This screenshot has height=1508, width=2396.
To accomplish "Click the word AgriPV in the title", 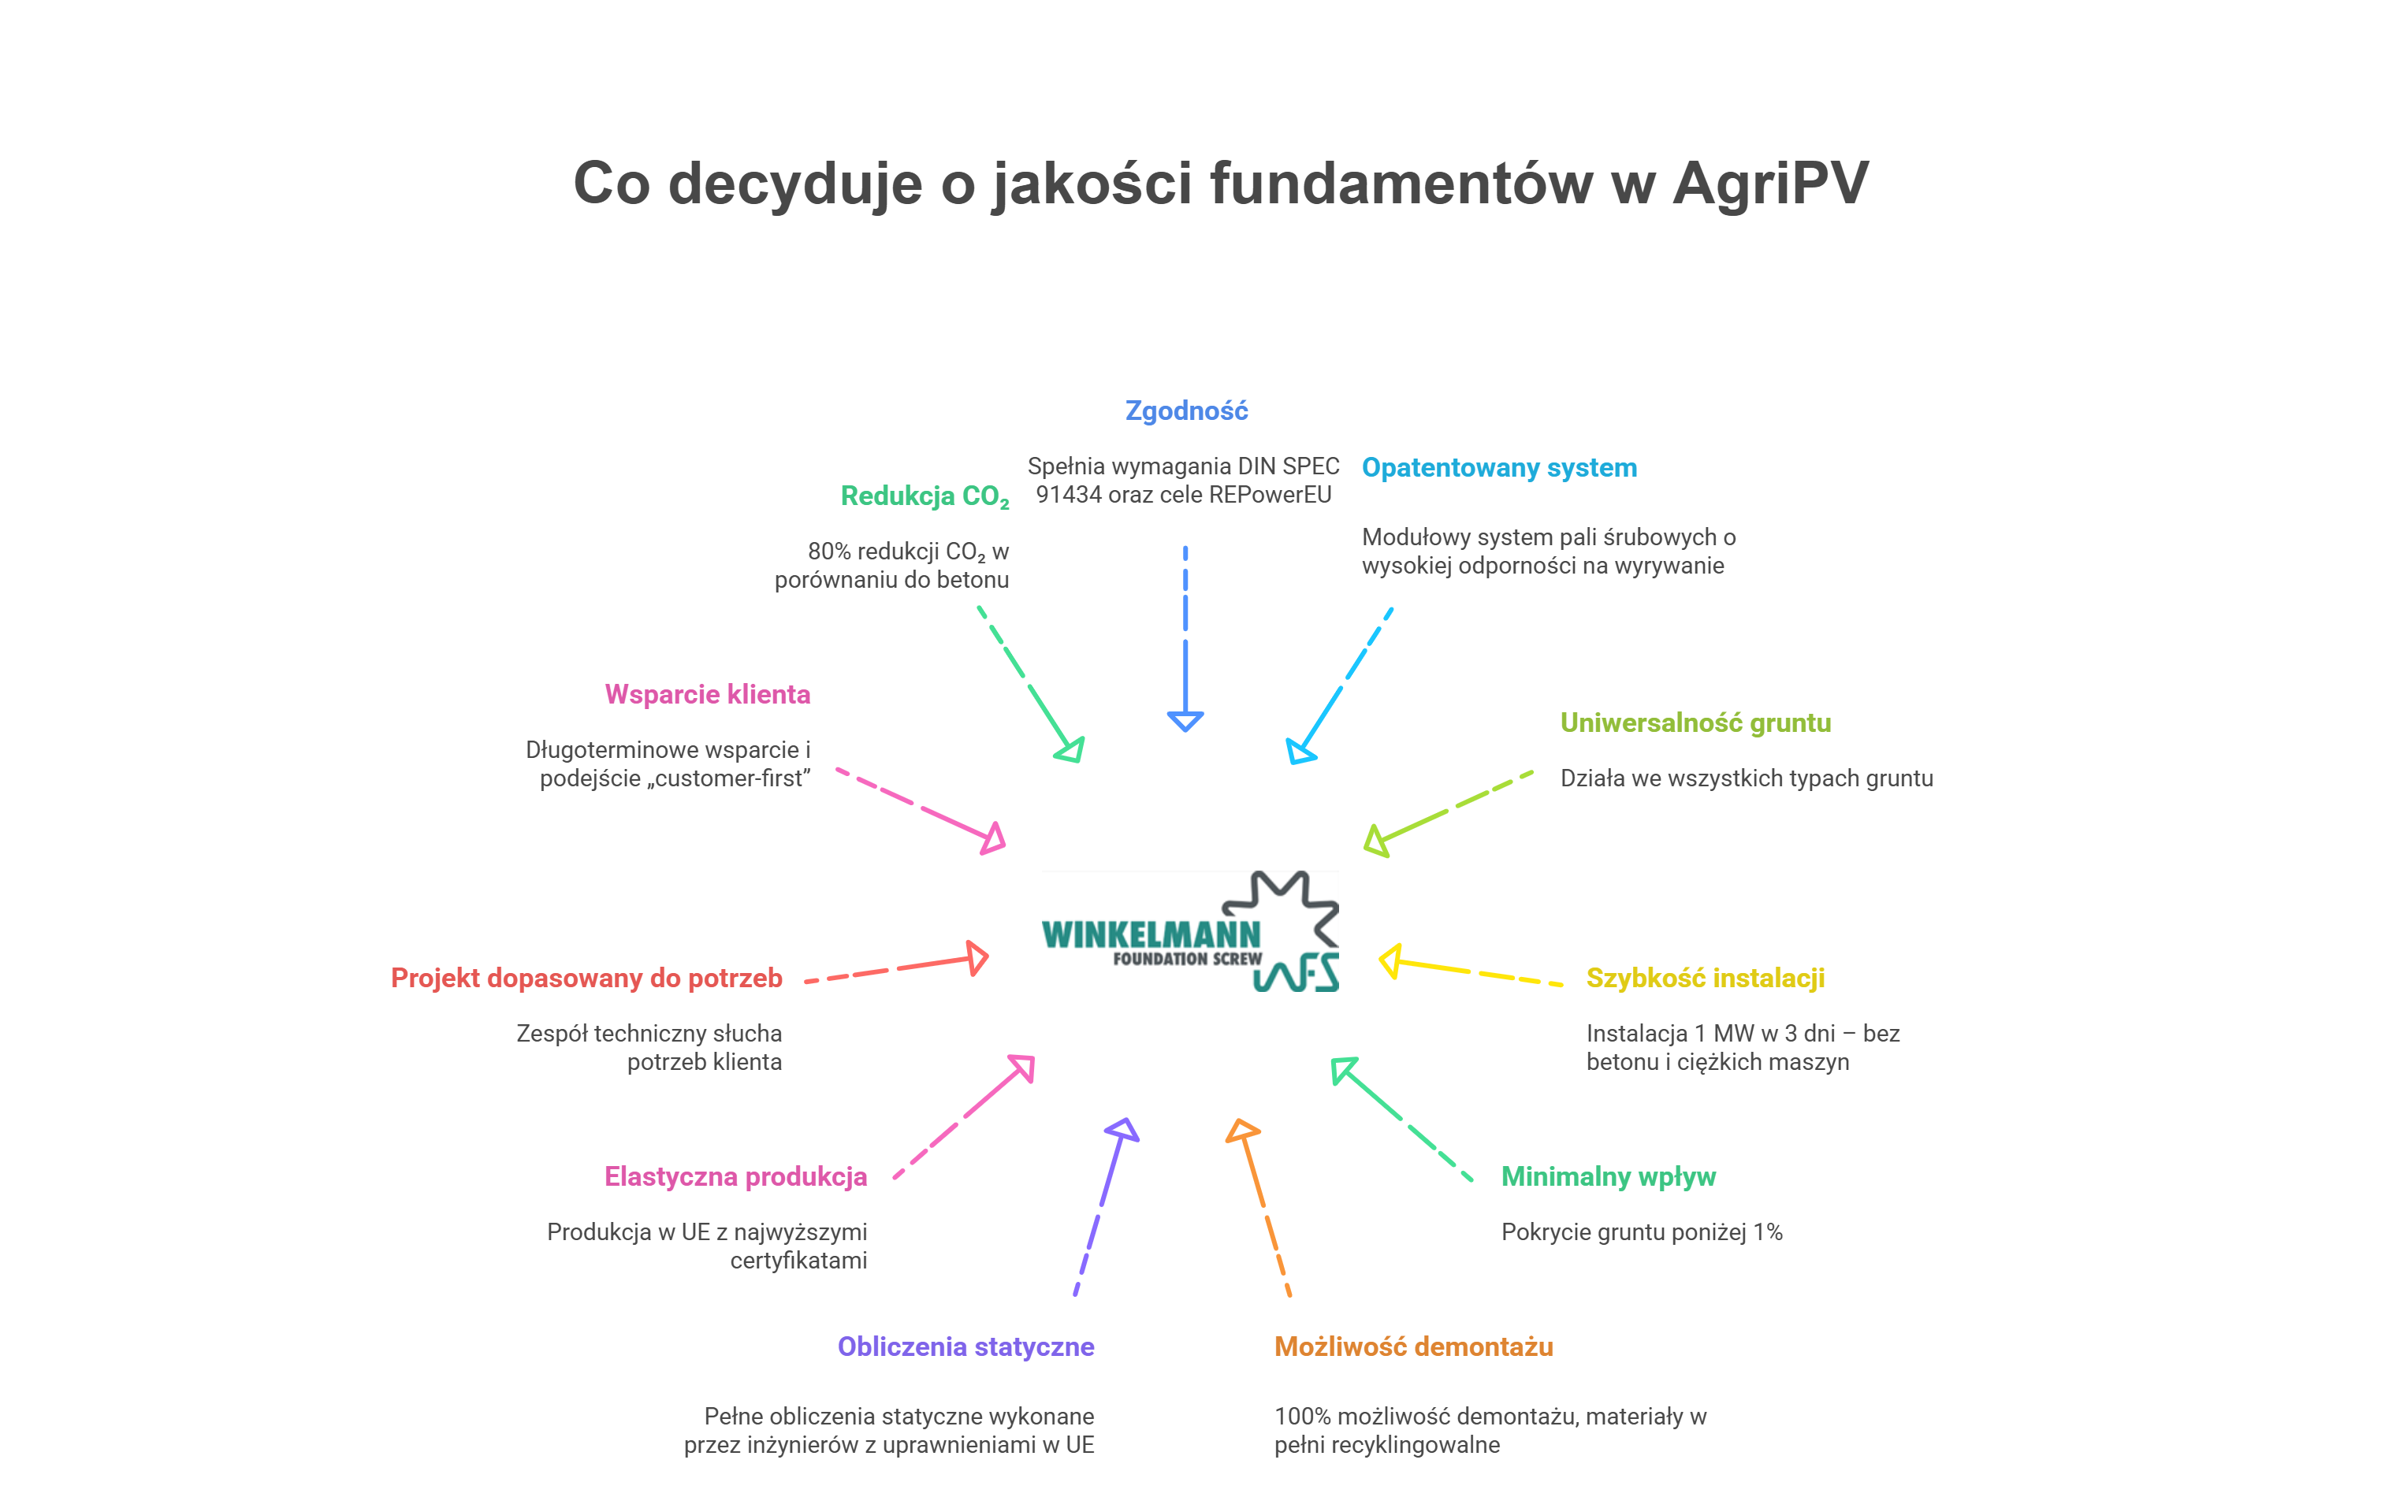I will [x=1769, y=184].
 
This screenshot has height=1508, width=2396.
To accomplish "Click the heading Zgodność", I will [x=1186, y=410].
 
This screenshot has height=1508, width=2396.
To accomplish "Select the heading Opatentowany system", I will [x=1498, y=467].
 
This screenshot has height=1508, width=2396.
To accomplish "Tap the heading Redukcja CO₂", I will [x=925, y=496].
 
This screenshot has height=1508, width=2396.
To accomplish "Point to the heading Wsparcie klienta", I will [x=708, y=694].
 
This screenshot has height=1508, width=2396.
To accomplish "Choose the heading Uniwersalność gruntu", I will [x=1695, y=723].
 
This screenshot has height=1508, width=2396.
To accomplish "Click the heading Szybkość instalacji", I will [x=1705, y=978].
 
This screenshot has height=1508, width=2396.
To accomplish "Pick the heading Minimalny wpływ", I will [x=1608, y=1177].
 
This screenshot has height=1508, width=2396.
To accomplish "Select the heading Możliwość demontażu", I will [x=1413, y=1346].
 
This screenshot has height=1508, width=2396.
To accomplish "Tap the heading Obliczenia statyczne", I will [x=965, y=1346].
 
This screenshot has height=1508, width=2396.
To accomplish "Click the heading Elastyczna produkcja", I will [x=735, y=1177].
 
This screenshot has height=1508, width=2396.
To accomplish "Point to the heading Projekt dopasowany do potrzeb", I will [x=586, y=978].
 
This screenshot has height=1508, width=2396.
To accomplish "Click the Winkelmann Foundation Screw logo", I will [x=1190, y=931].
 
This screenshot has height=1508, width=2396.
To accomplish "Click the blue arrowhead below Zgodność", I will [x=1185, y=720].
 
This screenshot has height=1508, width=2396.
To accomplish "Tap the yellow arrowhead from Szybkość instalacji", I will [x=1391, y=961].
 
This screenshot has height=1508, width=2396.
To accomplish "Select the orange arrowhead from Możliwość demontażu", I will [x=1242, y=1132].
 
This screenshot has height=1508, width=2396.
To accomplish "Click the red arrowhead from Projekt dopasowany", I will [x=978, y=958].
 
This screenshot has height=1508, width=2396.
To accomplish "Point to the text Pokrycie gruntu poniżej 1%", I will [x=1641, y=1232].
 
